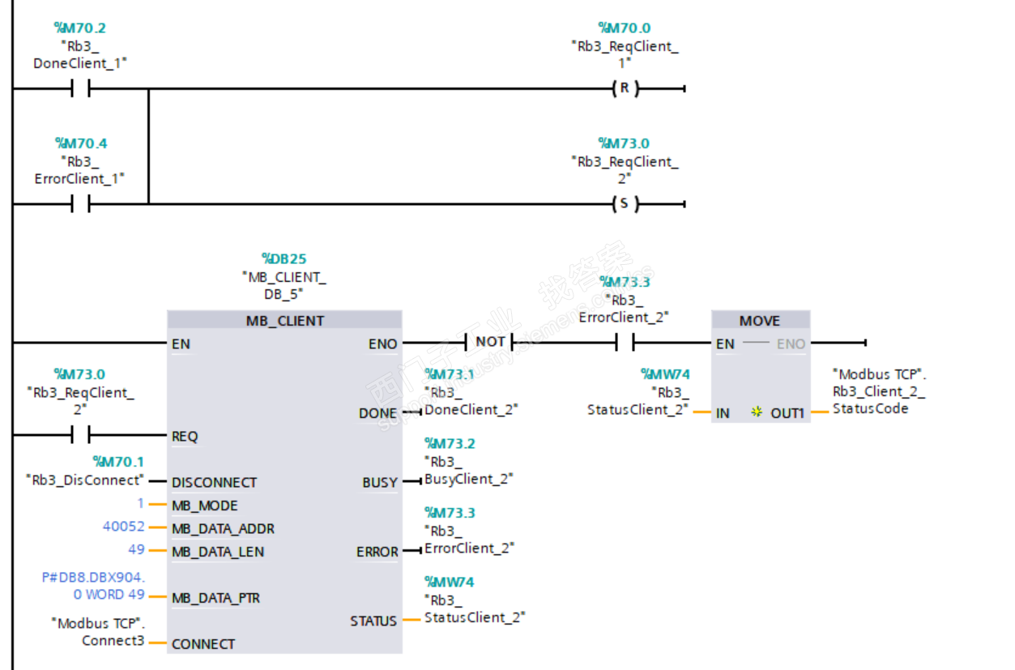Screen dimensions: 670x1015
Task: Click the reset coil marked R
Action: (x=624, y=89)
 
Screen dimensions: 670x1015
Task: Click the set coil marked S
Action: (x=624, y=204)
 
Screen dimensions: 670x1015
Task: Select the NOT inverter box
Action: (x=490, y=342)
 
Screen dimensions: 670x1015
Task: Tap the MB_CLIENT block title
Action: (x=284, y=321)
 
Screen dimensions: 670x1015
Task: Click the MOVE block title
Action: (x=760, y=321)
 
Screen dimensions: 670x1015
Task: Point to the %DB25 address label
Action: (x=284, y=259)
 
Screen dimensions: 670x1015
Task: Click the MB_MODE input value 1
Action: (x=140, y=504)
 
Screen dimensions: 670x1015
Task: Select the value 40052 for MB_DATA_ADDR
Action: (x=123, y=527)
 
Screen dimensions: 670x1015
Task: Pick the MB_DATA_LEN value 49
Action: (x=136, y=550)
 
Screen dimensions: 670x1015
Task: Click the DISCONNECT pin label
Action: (x=214, y=483)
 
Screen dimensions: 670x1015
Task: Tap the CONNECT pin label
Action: (x=203, y=644)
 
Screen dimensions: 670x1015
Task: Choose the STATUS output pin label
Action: (x=373, y=621)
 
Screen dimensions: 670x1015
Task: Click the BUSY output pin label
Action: (x=380, y=483)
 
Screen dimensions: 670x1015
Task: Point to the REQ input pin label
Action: (x=185, y=437)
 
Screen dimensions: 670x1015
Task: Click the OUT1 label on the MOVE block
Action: (x=787, y=413)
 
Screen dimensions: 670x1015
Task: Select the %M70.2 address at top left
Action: (x=79, y=28)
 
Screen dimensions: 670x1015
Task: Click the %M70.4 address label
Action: (x=81, y=143)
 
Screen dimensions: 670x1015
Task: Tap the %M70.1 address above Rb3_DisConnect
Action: (x=118, y=462)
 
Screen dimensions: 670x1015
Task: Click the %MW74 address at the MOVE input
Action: (x=665, y=374)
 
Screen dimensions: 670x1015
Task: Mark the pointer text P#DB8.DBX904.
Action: (x=93, y=578)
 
